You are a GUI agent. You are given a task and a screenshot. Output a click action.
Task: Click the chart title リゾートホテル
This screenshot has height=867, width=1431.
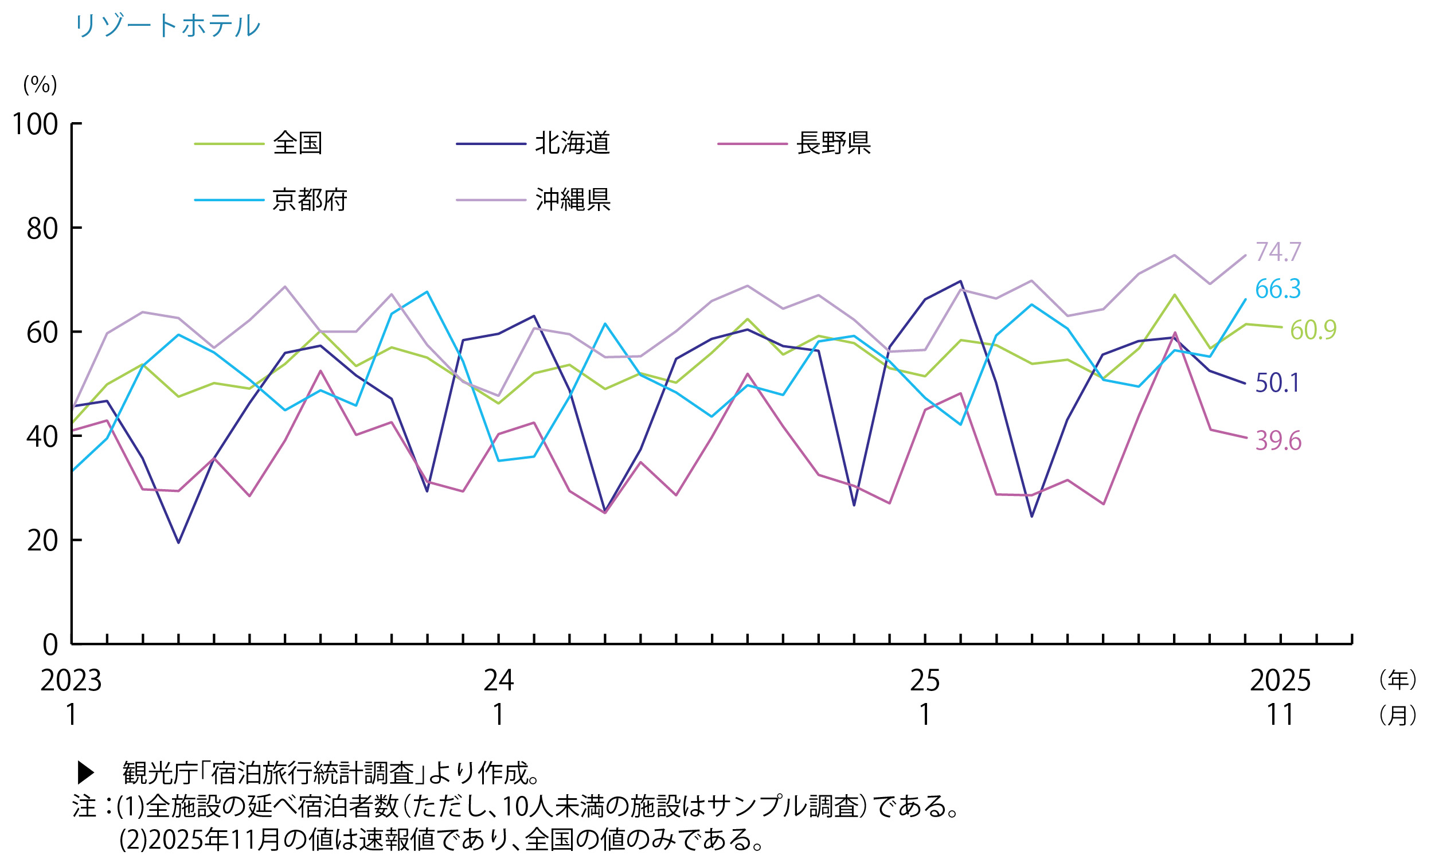167,26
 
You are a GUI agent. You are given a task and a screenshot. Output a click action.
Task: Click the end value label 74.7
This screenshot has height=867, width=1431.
1278,252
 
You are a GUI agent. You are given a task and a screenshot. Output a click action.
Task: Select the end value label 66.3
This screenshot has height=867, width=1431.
1278,289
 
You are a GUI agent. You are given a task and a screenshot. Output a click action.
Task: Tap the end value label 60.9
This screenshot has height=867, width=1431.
1313,330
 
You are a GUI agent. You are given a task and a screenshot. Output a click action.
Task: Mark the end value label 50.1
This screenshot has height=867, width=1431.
1277,383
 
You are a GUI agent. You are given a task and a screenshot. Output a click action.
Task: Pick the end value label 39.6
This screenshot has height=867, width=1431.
1278,442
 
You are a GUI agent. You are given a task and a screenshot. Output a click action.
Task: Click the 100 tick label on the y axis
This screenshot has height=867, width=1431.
36,124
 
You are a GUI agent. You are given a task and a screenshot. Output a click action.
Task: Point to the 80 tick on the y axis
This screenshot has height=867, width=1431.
42,229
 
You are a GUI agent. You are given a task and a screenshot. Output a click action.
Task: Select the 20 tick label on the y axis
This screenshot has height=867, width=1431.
42,541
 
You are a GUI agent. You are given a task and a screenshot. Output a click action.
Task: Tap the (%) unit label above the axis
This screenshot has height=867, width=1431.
40,85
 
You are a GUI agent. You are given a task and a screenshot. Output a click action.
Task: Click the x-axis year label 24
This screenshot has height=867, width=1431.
498,681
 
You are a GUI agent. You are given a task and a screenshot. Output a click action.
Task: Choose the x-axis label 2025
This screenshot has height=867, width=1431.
1280,681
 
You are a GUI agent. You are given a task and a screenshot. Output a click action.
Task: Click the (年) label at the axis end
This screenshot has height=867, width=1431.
1397,679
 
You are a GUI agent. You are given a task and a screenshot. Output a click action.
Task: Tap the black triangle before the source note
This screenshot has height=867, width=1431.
86,772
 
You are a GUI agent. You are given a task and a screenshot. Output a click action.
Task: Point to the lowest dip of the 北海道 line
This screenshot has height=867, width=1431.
178,542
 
